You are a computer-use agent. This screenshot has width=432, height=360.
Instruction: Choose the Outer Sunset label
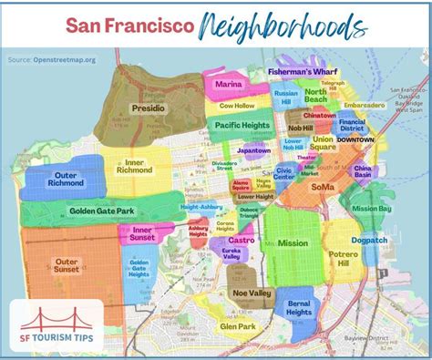[67, 266]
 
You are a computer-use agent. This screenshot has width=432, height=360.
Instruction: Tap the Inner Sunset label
[142, 234]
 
